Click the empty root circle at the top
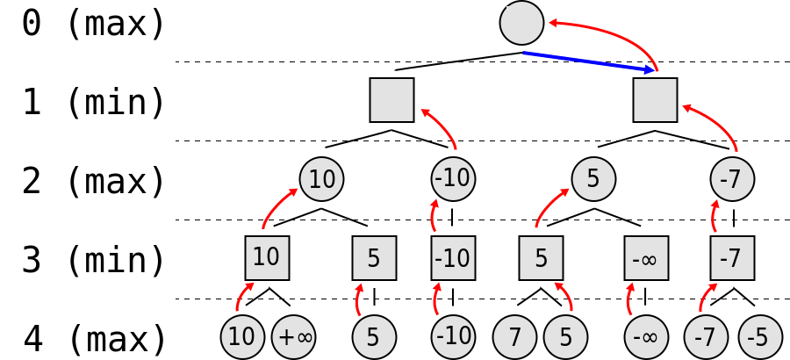tap(521, 23)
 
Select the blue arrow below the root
tap(588, 61)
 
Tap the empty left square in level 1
tap(391, 100)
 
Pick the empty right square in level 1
tap(655, 100)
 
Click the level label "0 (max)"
tap(93, 24)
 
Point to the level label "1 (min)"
tap(93, 103)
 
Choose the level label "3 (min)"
tap(93, 261)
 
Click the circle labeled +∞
tap(293, 337)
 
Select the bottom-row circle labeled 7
tap(514, 337)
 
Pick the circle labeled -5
tap(759, 337)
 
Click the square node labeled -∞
tap(646, 258)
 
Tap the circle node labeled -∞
tap(646, 337)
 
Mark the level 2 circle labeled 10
tap(321, 179)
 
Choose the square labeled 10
tap(267, 258)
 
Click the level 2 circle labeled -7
tap(732, 179)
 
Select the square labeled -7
tap(732, 258)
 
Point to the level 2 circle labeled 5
tap(593, 179)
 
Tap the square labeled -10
tap(453, 258)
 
